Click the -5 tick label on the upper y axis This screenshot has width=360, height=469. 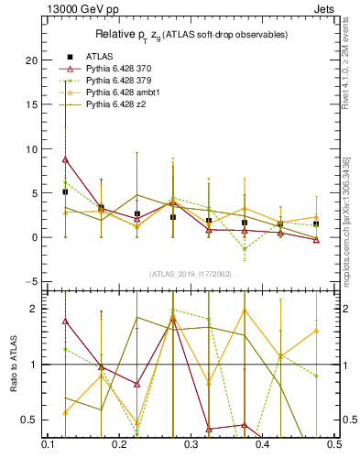coord(30,281)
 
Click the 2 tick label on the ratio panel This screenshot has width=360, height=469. coord(35,309)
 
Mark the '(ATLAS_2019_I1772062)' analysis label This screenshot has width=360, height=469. coord(190,273)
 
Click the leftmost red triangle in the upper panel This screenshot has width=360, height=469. coord(65,159)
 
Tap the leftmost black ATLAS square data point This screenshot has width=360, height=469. coord(65,192)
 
